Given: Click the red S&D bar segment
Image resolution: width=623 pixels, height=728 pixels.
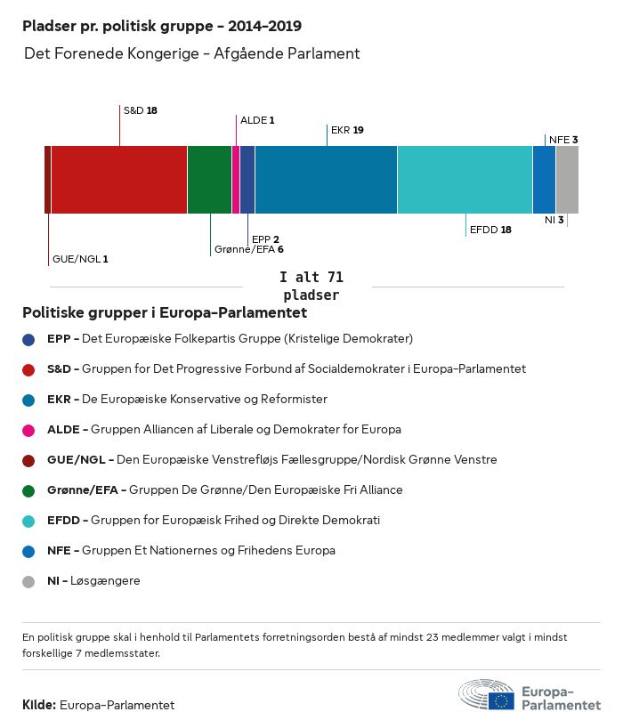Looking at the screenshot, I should pyautogui.click(x=118, y=180).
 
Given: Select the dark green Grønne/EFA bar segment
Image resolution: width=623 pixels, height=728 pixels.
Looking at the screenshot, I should pyautogui.click(x=209, y=180).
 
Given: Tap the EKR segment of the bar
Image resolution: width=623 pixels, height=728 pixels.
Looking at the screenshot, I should pyautogui.click(x=326, y=180).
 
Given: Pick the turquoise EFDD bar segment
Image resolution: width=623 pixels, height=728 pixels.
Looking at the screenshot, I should pyautogui.click(x=465, y=180).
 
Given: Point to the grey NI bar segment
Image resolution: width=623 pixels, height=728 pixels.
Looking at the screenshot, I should pyautogui.click(x=567, y=180).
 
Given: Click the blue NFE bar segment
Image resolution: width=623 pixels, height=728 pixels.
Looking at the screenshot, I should pyautogui.click(x=544, y=180).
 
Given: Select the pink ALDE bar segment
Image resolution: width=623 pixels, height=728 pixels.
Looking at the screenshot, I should pyautogui.click(x=236, y=180).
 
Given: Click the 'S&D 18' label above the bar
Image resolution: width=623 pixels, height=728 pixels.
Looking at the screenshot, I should pyautogui.click(x=140, y=110).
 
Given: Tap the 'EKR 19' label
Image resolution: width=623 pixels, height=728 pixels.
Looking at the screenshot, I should pyautogui.click(x=347, y=130).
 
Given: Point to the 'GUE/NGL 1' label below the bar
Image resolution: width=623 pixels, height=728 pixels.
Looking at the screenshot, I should pyautogui.click(x=80, y=259).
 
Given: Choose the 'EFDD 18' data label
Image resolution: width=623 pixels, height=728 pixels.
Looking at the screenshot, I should pyautogui.click(x=490, y=230).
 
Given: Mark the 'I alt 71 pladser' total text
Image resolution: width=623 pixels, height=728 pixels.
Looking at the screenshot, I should pyautogui.click(x=311, y=286).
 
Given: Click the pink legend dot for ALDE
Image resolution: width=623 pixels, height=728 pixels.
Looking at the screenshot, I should pyautogui.click(x=28, y=430).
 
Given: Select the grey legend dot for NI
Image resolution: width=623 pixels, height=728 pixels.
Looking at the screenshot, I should pyautogui.click(x=28, y=581).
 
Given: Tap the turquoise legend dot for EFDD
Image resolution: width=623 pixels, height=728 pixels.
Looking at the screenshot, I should pyautogui.click(x=28, y=521).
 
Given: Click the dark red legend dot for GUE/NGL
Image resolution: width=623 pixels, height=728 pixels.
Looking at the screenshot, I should pyautogui.click(x=28, y=460).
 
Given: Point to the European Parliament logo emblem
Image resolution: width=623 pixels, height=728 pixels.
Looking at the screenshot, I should pyautogui.click(x=486, y=695).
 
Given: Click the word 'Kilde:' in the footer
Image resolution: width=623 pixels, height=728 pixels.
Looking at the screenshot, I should pyautogui.click(x=39, y=705).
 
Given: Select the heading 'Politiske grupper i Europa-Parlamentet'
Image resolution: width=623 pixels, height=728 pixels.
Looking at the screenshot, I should pyautogui.click(x=165, y=312).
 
